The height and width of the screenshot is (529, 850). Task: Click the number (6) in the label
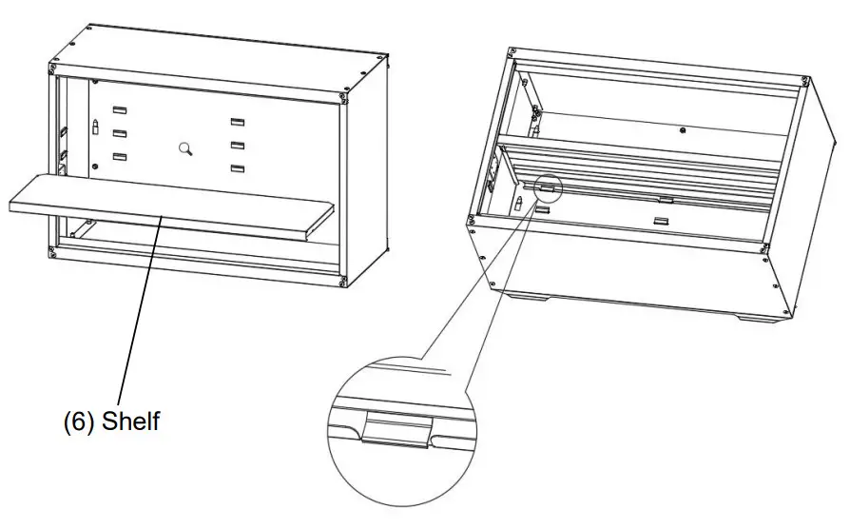click(78, 421)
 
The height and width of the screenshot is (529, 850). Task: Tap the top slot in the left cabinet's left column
click(120, 111)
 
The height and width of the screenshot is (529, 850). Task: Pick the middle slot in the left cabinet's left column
click(120, 134)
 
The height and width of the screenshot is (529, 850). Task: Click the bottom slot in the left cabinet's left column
click(120, 157)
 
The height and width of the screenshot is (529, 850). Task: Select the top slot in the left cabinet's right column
click(238, 123)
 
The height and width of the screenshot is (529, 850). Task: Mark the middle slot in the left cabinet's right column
click(238, 146)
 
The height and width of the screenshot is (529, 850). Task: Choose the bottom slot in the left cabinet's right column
click(238, 168)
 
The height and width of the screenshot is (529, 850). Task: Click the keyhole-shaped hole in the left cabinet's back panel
click(186, 147)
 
